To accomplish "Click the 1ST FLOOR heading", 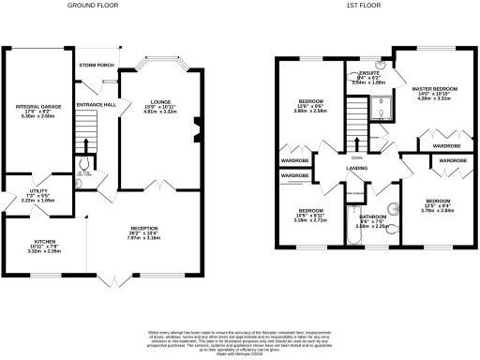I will (360, 5).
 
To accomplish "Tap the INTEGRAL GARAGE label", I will (38, 107).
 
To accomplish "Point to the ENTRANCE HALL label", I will (97, 104).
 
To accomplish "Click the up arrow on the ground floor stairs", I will (85, 143).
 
